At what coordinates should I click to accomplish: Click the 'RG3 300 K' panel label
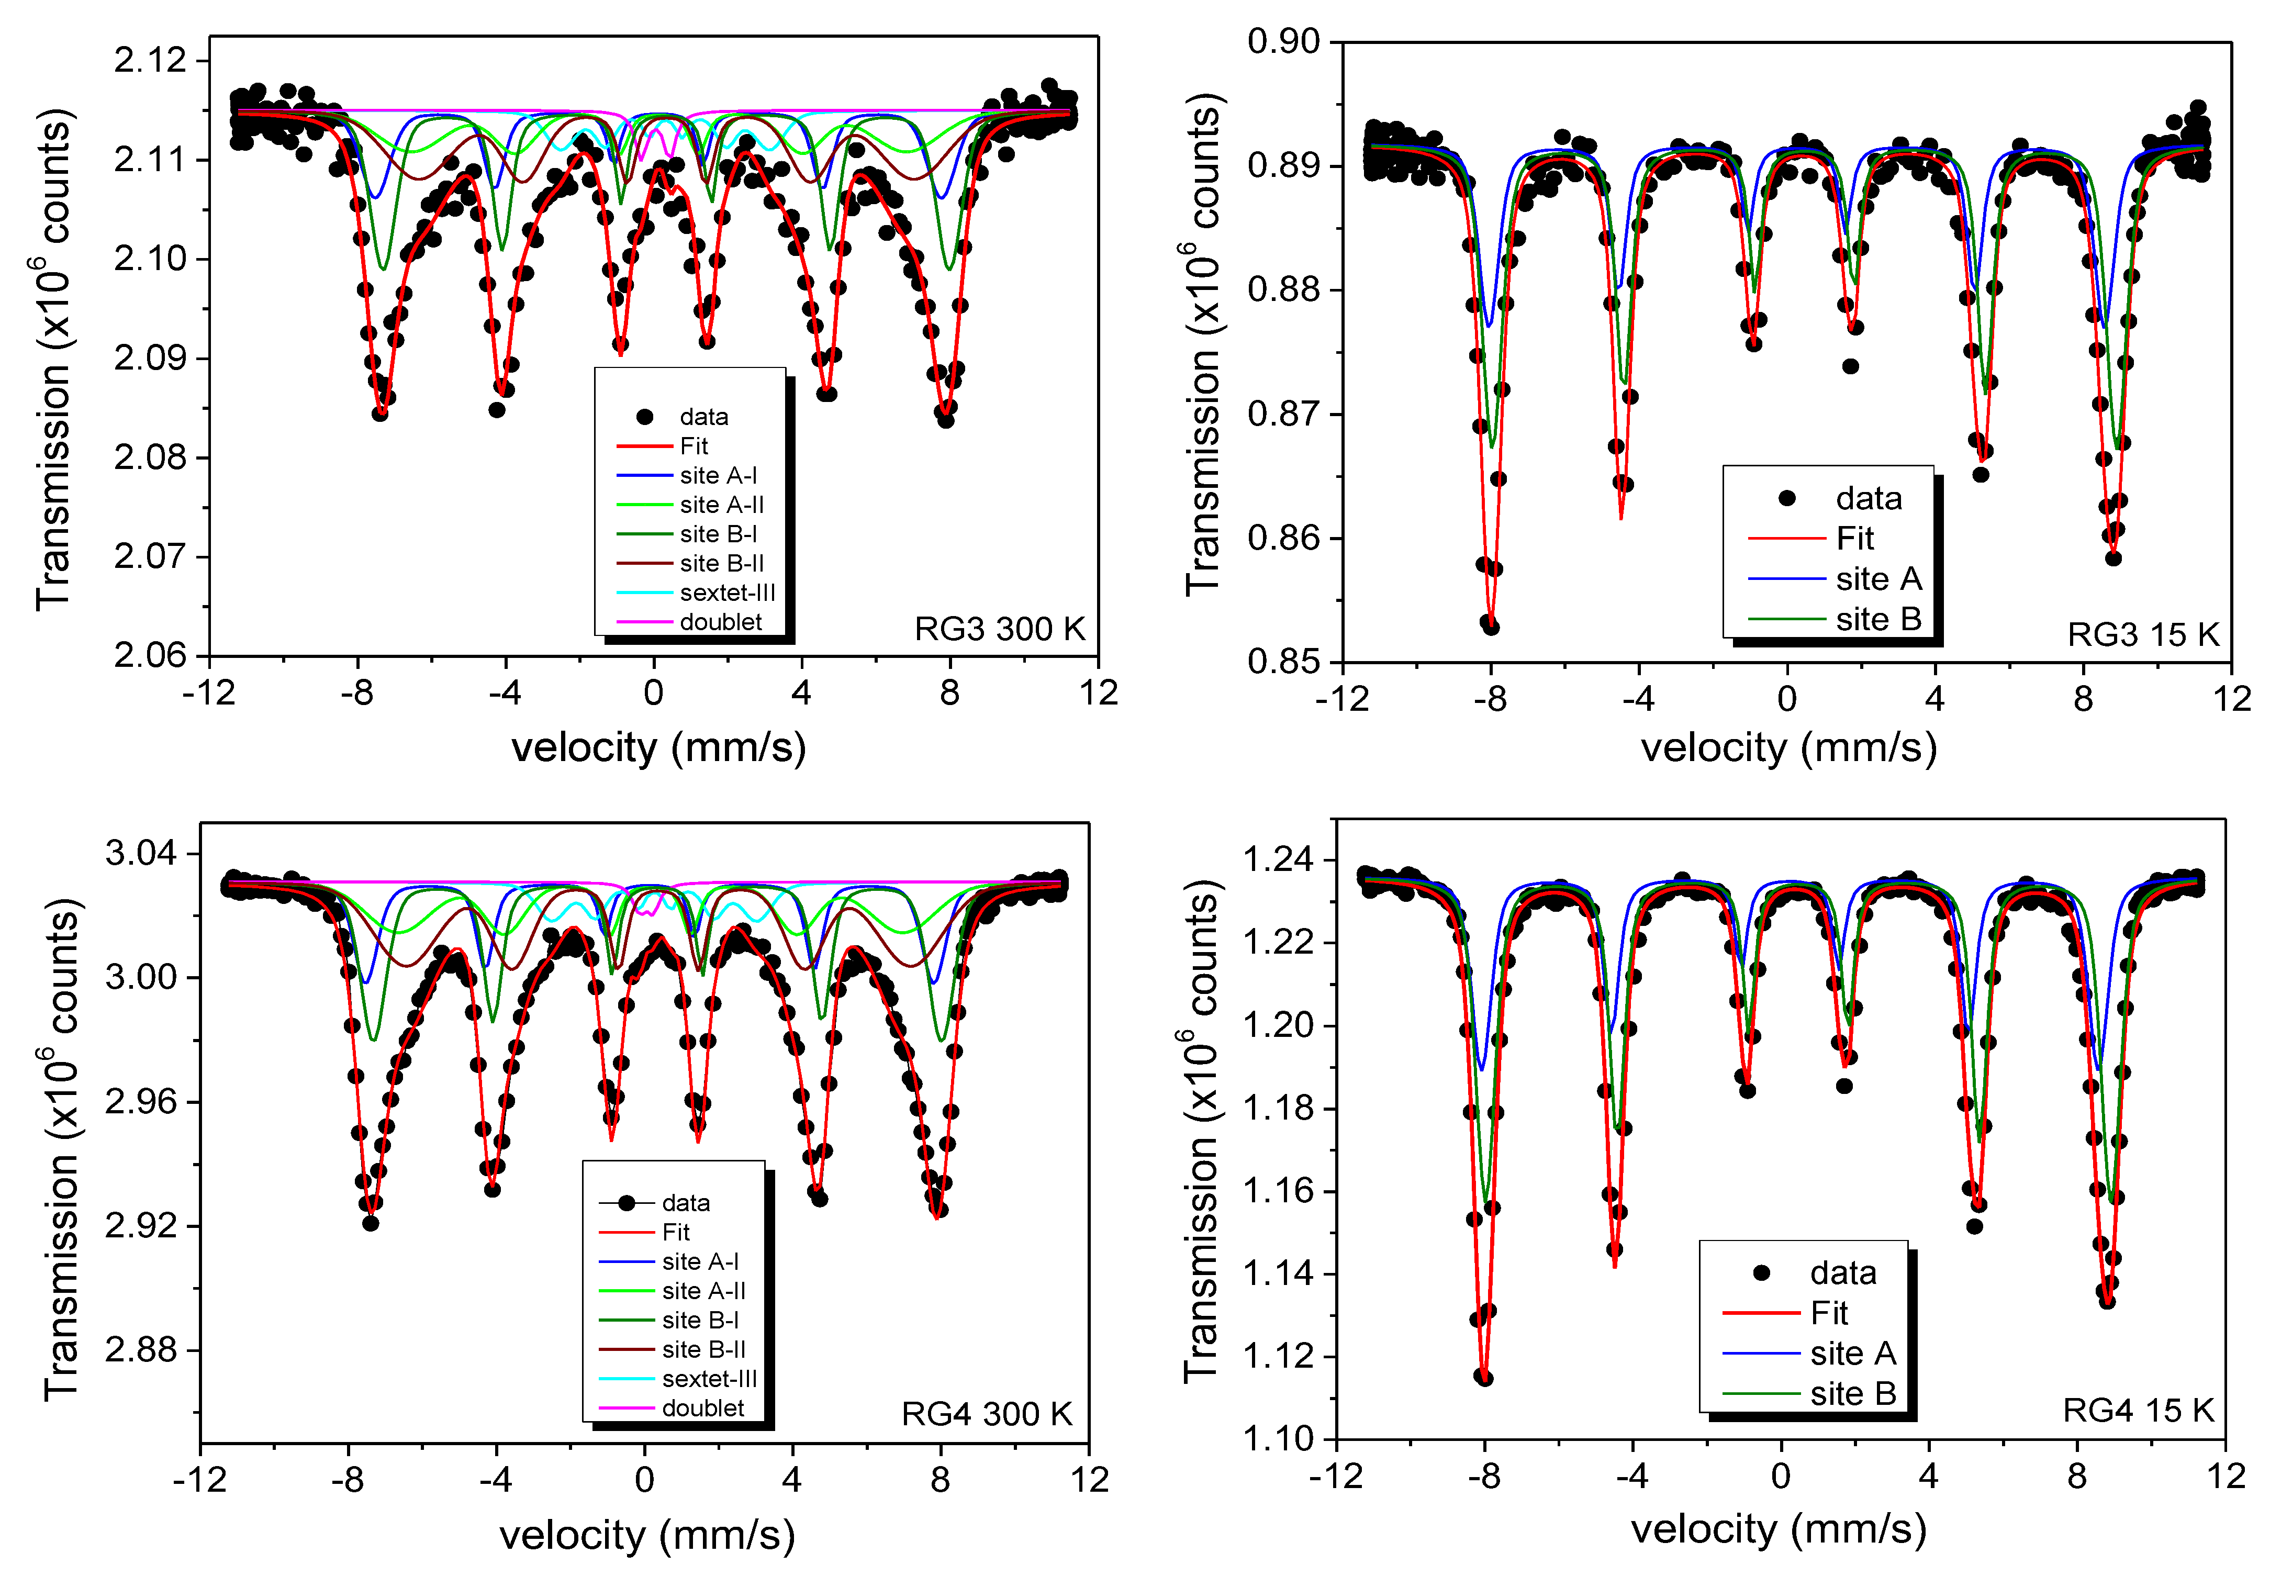click(x=999, y=629)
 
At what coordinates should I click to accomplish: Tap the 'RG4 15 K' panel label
click(x=2138, y=1410)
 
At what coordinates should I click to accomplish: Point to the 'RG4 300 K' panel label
click(x=987, y=1414)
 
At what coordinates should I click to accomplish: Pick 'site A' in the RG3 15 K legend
click(x=1878, y=579)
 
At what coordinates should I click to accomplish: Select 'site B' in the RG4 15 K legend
click(x=1852, y=1393)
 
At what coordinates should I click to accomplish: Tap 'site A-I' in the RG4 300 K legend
click(x=700, y=1262)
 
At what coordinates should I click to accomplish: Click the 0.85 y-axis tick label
click(x=1283, y=662)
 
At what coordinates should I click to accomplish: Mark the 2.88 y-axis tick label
click(x=141, y=1350)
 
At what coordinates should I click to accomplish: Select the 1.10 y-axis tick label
click(x=1278, y=1439)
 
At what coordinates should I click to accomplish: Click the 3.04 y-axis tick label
click(x=141, y=853)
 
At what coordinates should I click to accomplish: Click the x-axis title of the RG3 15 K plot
click(x=1788, y=747)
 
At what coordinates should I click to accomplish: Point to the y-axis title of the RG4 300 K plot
click(x=61, y=1149)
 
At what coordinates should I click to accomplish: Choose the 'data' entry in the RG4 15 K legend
click(x=1842, y=1273)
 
